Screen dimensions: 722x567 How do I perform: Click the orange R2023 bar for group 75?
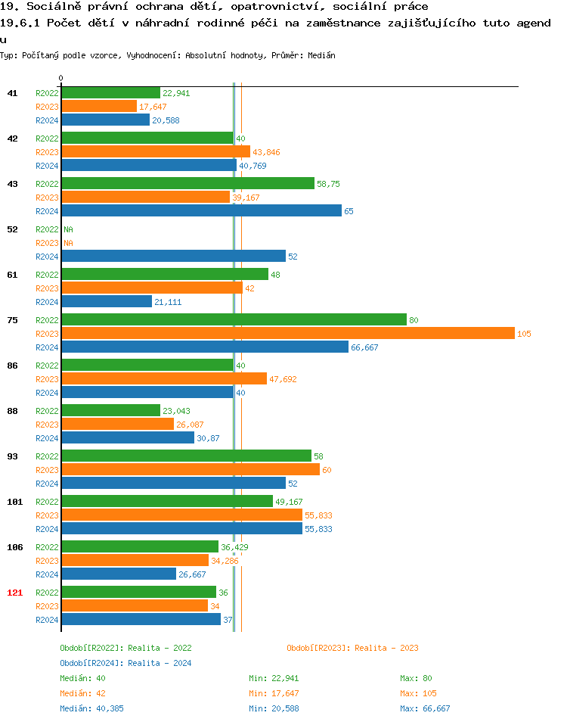tap(287, 334)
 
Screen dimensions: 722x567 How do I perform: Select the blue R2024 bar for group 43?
tap(201, 211)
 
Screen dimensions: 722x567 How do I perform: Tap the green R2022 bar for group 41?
tap(110, 93)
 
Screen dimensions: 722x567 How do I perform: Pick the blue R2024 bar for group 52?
tap(173, 257)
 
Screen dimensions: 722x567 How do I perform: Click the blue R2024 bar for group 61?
tap(107, 302)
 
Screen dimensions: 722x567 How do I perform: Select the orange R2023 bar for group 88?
tap(117, 425)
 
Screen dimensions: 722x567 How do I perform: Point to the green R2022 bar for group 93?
tap(186, 456)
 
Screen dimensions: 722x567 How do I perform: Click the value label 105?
tap(525, 334)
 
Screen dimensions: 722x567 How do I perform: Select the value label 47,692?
tap(283, 379)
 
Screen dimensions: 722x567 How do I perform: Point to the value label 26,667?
tap(192, 574)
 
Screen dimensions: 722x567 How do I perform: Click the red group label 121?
tap(14, 593)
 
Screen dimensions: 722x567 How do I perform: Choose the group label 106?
tap(14, 547)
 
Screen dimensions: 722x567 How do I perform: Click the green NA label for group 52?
tap(68, 229)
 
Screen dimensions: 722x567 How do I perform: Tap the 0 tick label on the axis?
tap(61, 78)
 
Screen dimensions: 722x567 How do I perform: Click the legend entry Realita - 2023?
tap(352, 648)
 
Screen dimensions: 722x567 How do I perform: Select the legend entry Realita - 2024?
tap(125, 663)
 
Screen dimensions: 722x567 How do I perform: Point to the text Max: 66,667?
tap(425, 708)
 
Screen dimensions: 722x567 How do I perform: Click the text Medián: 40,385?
tap(91, 708)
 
